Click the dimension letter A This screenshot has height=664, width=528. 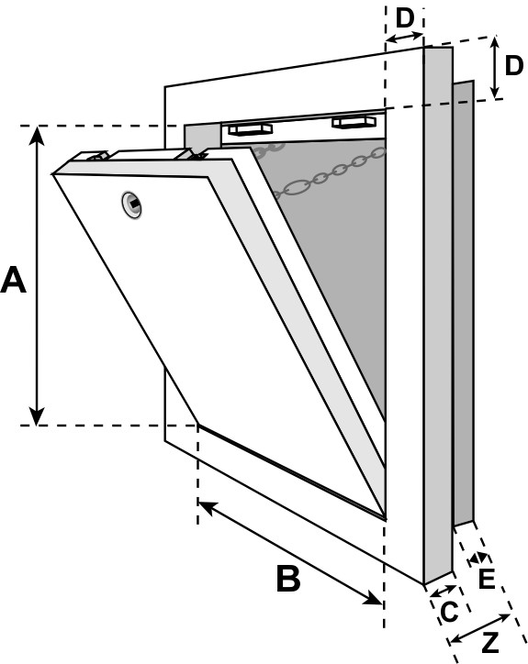click(x=14, y=280)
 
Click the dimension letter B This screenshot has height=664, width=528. click(x=289, y=578)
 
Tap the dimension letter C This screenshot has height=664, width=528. click(x=449, y=612)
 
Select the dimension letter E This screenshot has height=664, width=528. click(x=487, y=579)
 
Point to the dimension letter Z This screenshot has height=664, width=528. click(x=490, y=643)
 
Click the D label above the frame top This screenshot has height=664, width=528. click(x=405, y=18)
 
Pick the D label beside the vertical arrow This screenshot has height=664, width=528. click(x=514, y=66)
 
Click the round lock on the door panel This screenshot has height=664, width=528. click(x=132, y=205)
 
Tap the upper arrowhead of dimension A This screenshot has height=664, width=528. click(x=38, y=135)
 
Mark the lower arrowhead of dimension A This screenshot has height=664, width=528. click(x=38, y=415)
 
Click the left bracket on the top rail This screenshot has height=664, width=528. click(x=249, y=128)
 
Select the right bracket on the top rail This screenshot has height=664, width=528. click(x=354, y=122)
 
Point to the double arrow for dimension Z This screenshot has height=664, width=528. click(x=479, y=627)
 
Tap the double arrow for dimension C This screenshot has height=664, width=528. click(x=444, y=591)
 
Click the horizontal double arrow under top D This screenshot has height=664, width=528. click(x=405, y=38)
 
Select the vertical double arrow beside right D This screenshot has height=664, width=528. click(x=495, y=67)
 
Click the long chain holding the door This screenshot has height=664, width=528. click(x=331, y=172)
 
